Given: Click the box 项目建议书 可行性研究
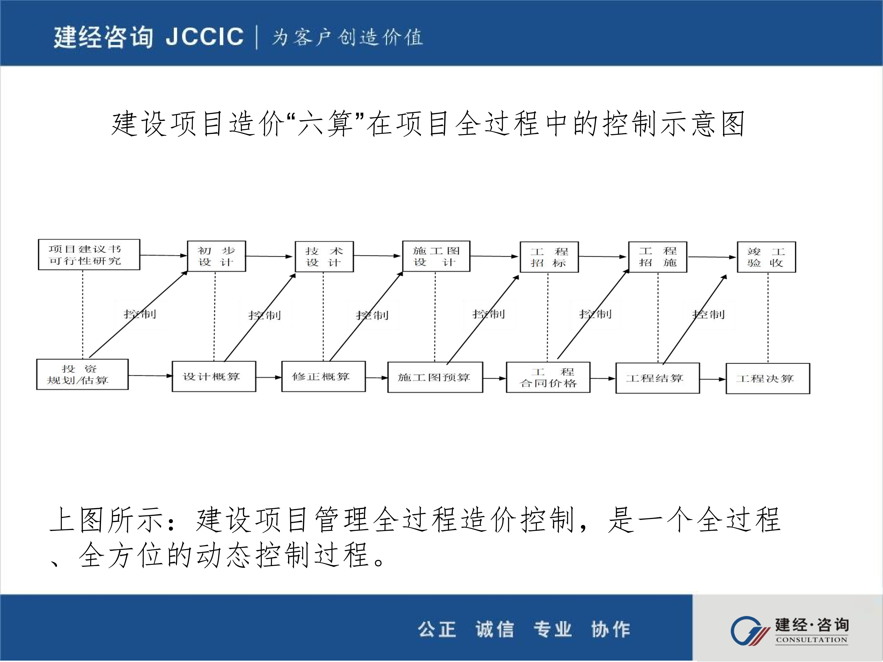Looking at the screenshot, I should pos(89,255).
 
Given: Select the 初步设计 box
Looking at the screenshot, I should pos(216,256).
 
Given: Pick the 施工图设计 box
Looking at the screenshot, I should pos(436,256).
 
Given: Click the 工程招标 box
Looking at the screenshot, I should pos(549,257).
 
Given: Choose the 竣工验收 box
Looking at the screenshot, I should pos(766,257).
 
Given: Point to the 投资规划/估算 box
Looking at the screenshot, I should pos(82,374).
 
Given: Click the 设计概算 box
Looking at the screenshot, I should pos(214,376).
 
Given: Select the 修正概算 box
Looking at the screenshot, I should pos(323,376).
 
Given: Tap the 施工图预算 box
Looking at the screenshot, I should pos(435,377).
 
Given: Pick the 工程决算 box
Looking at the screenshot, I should pos(767,378).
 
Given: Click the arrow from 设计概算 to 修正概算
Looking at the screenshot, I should pos(269,377).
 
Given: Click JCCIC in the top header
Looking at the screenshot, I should pos(204,37).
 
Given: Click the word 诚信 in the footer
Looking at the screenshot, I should pos(495,629).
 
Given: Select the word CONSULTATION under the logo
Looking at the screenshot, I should pos(811,640).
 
